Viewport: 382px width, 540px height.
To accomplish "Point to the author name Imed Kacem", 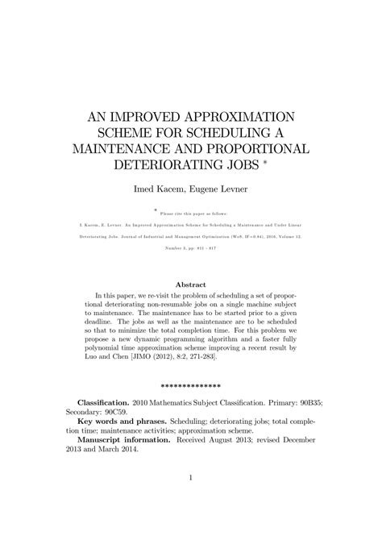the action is [x=160, y=189].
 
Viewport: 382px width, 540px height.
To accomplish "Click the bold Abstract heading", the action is [x=191, y=285].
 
